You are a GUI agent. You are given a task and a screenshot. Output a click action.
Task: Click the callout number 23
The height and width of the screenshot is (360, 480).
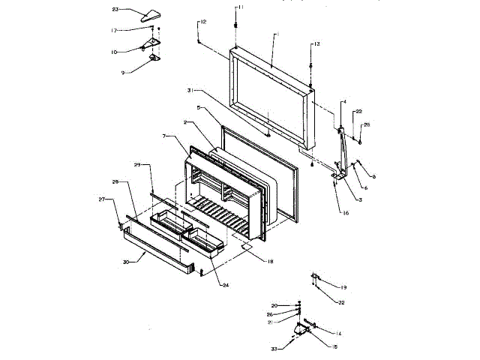pyautogui.click(x=115, y=10)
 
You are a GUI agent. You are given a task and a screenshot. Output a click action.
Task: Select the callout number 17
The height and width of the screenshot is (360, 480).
pyautogui.click(x=115, y=30)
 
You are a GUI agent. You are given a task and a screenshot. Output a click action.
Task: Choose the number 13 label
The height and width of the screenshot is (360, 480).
pyautogui.click(x=316, y=45)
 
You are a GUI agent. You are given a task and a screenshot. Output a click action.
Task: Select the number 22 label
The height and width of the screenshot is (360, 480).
pyautogui.click(x=358, y=112)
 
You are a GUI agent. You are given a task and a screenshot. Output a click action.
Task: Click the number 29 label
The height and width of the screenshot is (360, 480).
pyautogui.click(x=137, y=164)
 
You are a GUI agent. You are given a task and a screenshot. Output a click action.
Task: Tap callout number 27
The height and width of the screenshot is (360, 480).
pyautogui.click(x=103, y=199)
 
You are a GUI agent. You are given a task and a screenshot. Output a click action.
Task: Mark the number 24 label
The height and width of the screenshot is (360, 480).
pyautogui.click(x=224, y=286)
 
